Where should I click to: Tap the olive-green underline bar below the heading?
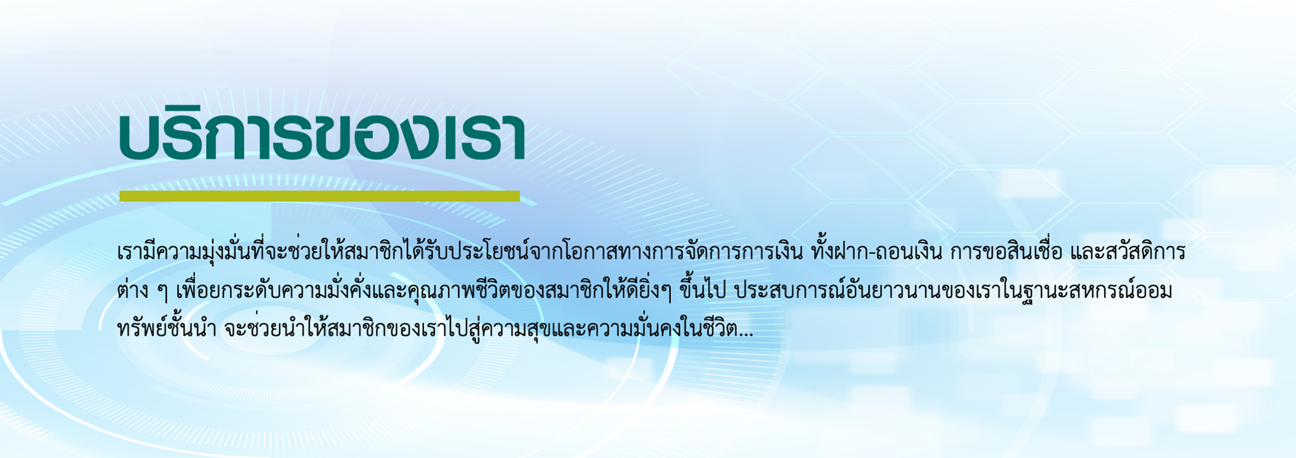tap(320, 196)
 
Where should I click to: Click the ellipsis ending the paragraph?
tap(746, 334)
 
